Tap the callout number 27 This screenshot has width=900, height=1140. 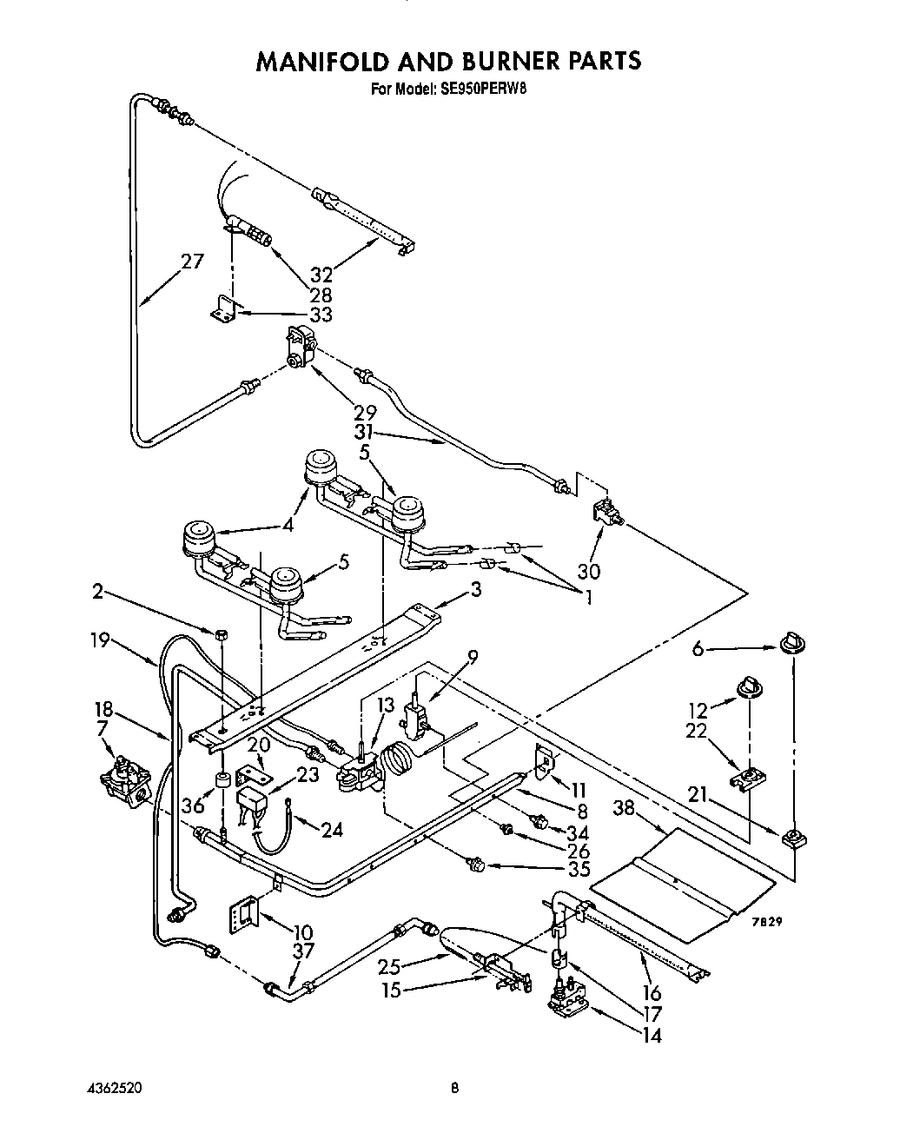pyautogui.click(x=193, y=261)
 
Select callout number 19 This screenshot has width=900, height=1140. pyautogui.click(x=101, y=640)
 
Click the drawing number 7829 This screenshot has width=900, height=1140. pyautogui.click(x=768, y=923)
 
